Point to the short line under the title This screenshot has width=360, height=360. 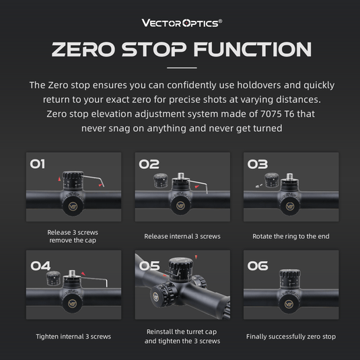181,69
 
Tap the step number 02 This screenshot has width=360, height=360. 149,164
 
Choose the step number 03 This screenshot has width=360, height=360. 258,164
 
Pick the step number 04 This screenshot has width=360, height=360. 40,266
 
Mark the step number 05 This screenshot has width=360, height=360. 149,266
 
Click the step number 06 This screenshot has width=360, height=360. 258,266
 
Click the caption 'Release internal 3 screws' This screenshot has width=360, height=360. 182,236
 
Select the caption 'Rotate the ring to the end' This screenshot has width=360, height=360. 291,236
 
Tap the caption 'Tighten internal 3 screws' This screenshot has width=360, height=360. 73,336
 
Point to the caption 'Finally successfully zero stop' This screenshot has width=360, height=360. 291,336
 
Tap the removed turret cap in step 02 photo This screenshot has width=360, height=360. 161,180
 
